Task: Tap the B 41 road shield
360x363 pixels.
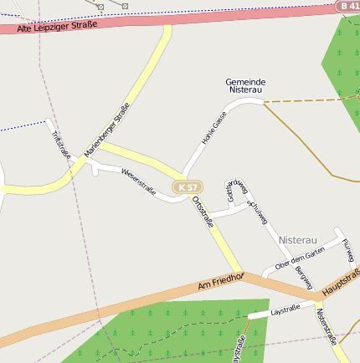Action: (x=350, y=6)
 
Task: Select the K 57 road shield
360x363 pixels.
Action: (x=189, y=187)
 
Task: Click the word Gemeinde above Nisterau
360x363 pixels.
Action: (x=245, y=81)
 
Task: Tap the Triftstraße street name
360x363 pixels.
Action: (x=60, y=144)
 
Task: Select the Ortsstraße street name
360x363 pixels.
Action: (x=204, y=208)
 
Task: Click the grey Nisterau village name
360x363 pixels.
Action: (x=299, y=239)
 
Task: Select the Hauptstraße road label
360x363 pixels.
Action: (x=341, y=281)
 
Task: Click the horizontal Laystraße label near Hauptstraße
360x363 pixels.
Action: (x=285, y=310)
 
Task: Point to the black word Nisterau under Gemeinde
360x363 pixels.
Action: (x=245, y=89)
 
